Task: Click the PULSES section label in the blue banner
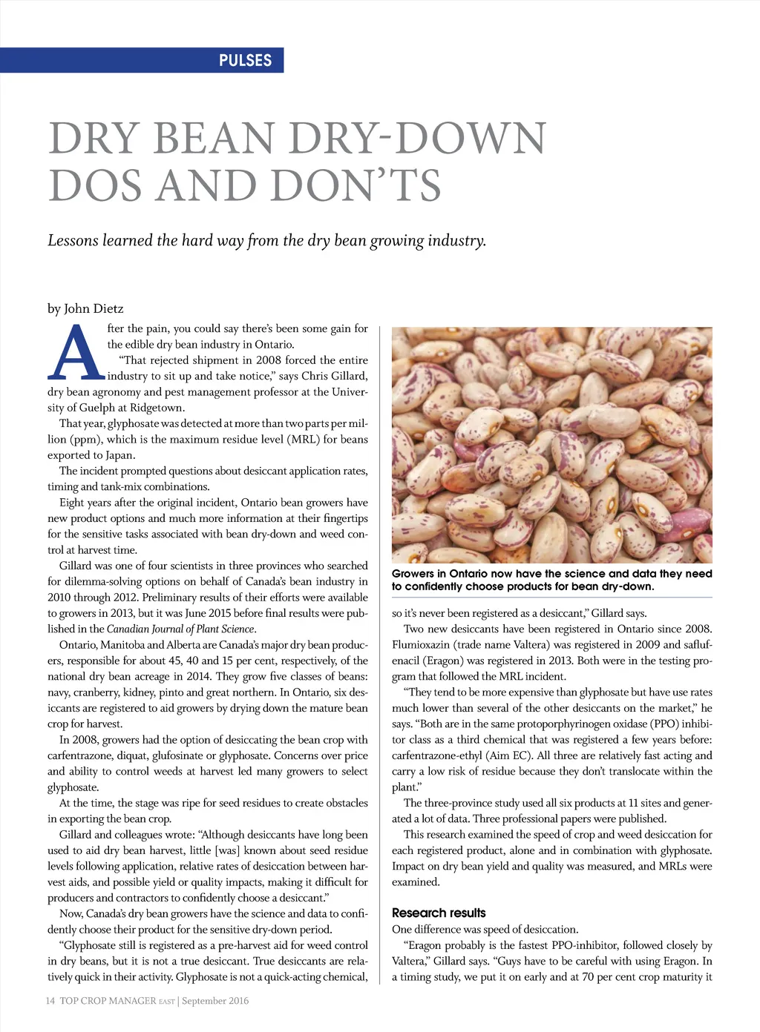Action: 245,60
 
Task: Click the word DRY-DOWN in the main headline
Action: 417,139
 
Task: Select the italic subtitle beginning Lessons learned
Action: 266,240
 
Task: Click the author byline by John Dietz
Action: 85,308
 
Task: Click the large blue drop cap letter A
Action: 76,354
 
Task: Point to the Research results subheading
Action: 439,913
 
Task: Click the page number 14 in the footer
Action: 50,1001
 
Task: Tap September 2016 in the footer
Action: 215,1001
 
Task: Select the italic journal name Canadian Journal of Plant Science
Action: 180,629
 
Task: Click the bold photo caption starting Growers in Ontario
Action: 551,580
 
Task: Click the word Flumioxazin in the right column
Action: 420,645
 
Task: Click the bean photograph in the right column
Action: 551,445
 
